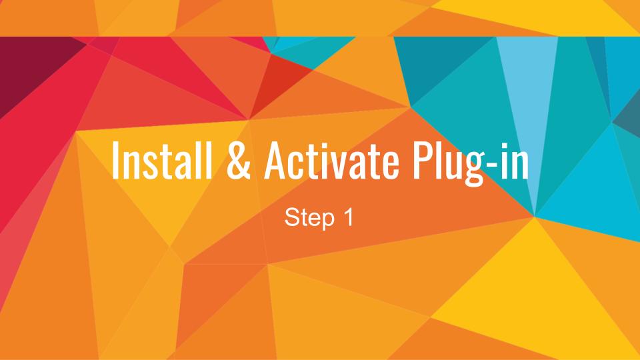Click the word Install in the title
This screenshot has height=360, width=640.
162,159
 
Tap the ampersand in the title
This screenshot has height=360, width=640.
239,160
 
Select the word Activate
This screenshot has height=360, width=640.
331,160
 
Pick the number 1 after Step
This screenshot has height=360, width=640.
348,217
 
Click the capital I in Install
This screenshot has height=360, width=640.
115,160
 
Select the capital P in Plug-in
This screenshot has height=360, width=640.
422,160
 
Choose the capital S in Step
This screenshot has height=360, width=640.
292,217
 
